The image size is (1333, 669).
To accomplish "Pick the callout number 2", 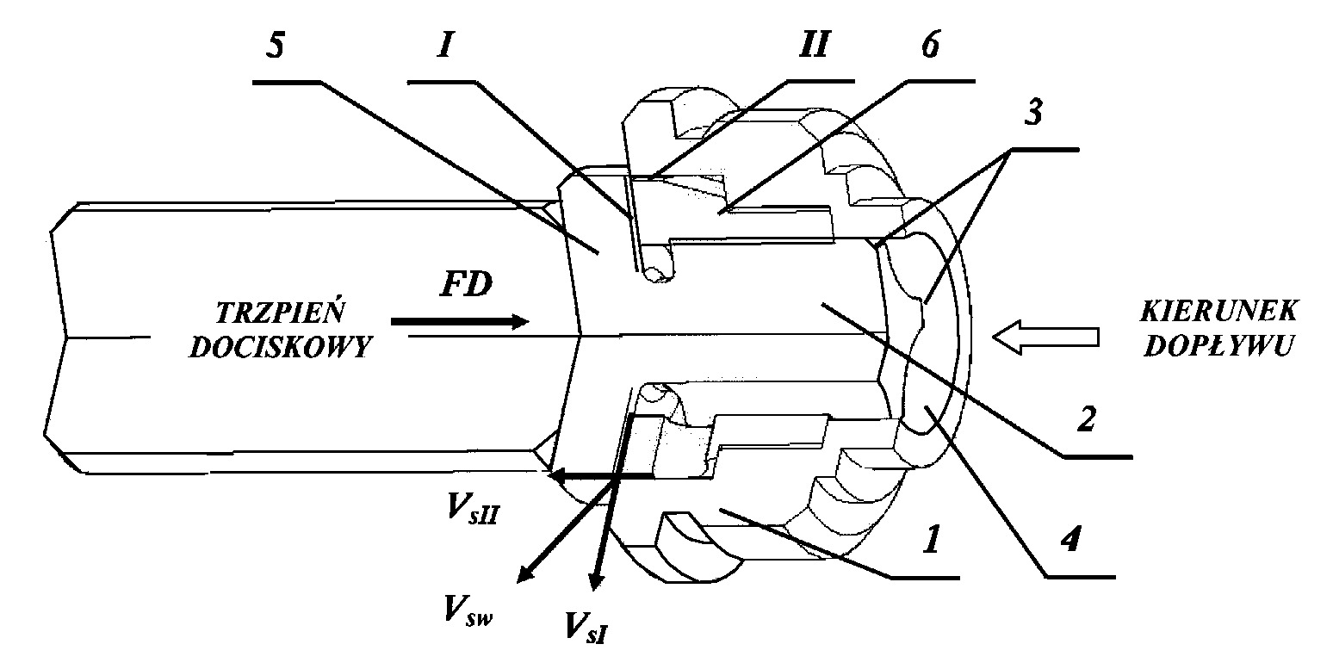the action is pyautogui.click(x=1087, y=418).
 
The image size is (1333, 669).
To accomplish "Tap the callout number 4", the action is pyautogui.click(x=1069, y=539).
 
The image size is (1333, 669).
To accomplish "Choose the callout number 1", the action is pyautogui.click(x=933, y=539).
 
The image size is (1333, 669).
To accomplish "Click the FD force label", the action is pyautogui.click(x=467, y=284).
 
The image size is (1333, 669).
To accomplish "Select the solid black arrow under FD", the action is pyautogui.click(x=460, y=322).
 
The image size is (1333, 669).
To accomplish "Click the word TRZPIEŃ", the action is pyautogui.click(x=280, y=313).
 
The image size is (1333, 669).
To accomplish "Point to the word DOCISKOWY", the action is pyautogui.click(x=280, y=347).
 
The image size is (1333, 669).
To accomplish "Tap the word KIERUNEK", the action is pyautogui.click(x=1219, y=312).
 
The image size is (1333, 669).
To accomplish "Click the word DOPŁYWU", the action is pyautogui.click(x=1219, y=346).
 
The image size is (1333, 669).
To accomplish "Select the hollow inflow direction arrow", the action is pyautogui.click(x=1045, y=338).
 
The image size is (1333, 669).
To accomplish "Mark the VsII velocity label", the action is pyautogui.click(x=473, y=510).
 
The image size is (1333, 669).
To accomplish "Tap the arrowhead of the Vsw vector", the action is pyautogui.click(x=524, y=575).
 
